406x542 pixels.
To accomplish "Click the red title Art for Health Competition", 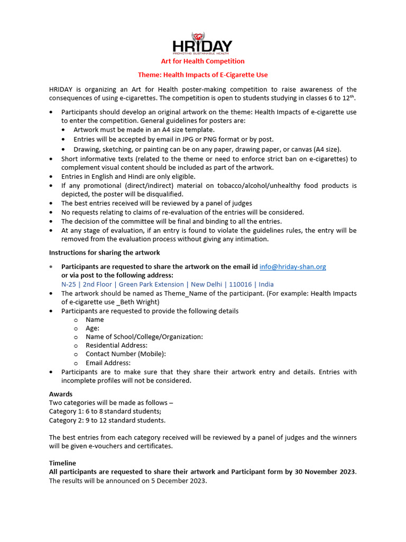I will click(x=203, y=61).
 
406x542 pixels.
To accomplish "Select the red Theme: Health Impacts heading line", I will click(x=203, y=75).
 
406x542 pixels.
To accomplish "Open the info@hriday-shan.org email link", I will click(x=292, y=267).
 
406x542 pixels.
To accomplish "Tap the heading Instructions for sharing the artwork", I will click(x=105, y=252).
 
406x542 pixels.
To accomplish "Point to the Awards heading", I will click(x=61, y=394).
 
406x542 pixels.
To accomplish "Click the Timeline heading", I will click(x=62, y=463).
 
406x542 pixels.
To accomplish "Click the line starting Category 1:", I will click(x=105, y=411).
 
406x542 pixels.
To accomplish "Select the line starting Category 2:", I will click(x=107, y=420).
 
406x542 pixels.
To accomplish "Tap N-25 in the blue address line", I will click(x=69, y=284).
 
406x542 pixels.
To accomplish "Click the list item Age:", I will click(x=93, y=328).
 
